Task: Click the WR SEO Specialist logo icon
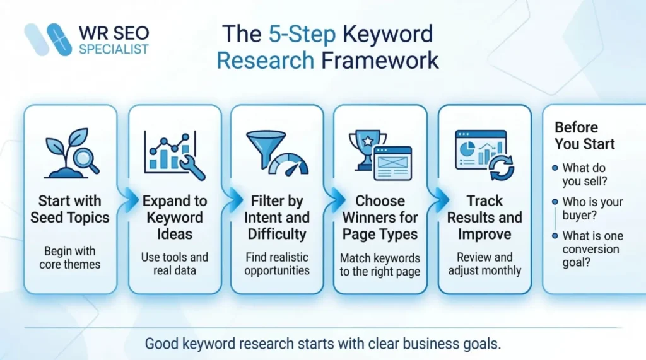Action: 47,40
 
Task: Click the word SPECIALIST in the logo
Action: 114,49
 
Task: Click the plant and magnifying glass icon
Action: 71,153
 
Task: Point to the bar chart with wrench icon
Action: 174,154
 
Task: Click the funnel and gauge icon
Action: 276,153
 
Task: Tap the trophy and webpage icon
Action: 380,154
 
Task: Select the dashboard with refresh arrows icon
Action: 484,154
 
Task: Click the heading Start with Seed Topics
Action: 71,209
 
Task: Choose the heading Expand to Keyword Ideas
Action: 175,218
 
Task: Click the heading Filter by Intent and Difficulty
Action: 277,218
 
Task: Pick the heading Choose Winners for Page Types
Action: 380,218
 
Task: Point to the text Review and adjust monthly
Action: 484,264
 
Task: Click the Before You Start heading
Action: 585,136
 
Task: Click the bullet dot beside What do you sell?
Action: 555,168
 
